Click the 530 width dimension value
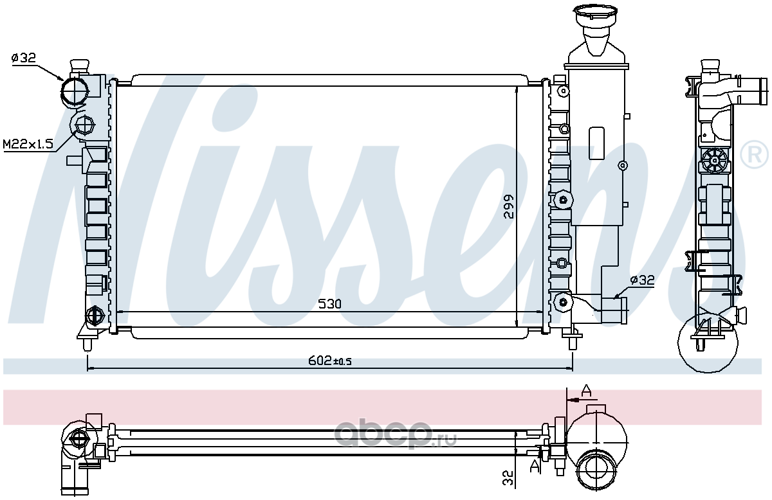[x=329, y=304]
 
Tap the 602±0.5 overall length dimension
[x=330, y=361]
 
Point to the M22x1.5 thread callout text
[x=28, y=144]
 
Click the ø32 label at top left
[x=23, y=58]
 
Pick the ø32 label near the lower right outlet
[x=642, y=280]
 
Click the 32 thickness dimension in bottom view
[x=508, y=478]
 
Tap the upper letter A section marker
[x=586, y=390]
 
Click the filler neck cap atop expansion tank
[x=594, y=13]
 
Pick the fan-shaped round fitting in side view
[x=714, y=159]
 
